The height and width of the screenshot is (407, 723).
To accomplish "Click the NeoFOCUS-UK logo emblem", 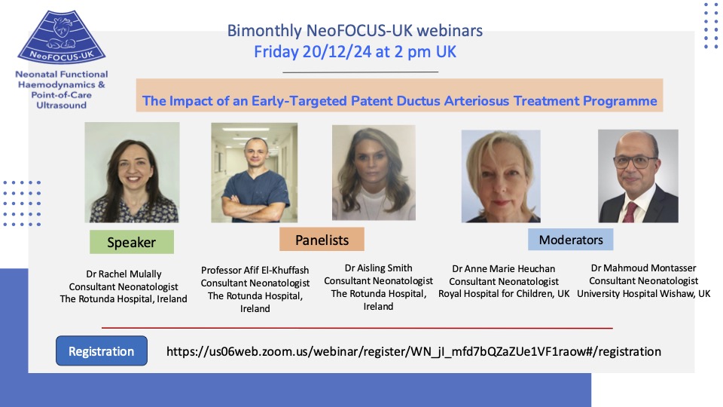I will click(x=61, y=38).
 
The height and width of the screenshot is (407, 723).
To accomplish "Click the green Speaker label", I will click(x=132, y=242).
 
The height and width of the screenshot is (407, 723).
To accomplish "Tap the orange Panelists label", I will click(x=322, y=240).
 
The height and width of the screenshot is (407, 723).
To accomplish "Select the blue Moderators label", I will click(x=570, y=239).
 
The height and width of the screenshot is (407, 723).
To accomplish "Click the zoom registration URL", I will click(x=413, y=351).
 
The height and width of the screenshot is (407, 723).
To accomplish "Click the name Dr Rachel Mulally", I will click(x=124, y=274).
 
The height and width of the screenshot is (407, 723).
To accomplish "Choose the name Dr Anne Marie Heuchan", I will click(x=503, y=268).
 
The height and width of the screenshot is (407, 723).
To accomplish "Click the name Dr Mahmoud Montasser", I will click(x=644, y=268).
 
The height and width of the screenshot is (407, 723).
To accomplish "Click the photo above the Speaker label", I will click(x=132, y=173).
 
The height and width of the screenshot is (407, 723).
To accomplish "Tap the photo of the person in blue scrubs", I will click(x=254, y=173).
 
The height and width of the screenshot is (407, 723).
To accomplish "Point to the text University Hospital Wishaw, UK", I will click(x=644, y=293).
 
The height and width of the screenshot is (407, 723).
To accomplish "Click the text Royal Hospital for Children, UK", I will click(x=504, y=293).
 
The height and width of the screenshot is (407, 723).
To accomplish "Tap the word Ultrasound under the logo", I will click(x=61, y=105).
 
